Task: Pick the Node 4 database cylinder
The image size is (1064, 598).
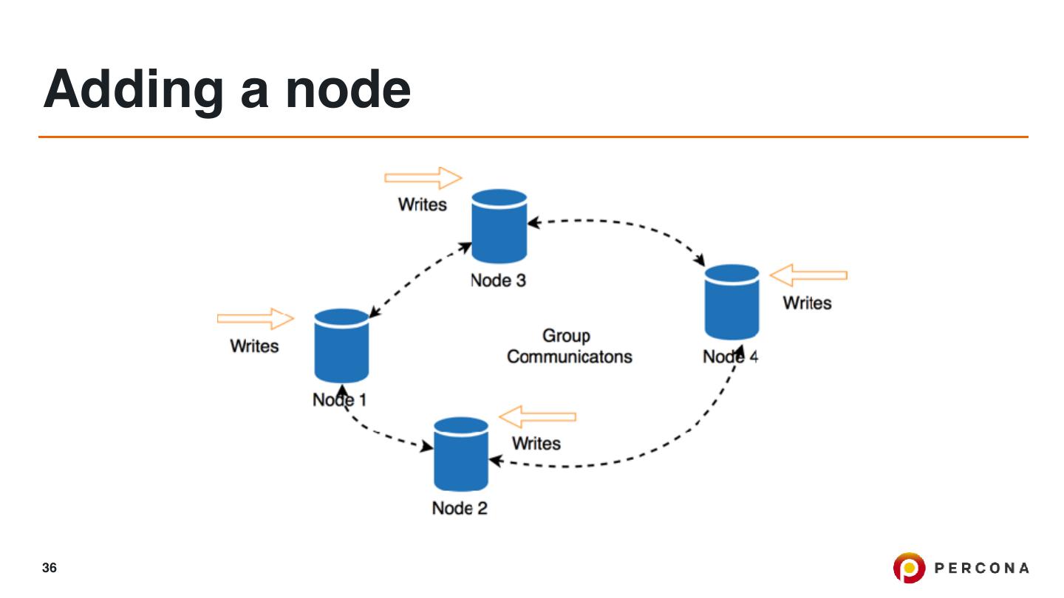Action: [731, 301]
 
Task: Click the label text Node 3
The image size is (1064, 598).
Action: [499, 281]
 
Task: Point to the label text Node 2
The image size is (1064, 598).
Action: [460, 508]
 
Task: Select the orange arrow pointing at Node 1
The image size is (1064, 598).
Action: [256, 318]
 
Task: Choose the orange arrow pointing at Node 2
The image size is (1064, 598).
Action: [537, 416]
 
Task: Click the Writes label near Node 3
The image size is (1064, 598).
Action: [423, 205]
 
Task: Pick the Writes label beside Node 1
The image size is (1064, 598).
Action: [254, 346]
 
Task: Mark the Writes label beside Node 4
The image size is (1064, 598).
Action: [807, 303]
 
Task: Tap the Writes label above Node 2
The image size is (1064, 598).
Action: [536, 443]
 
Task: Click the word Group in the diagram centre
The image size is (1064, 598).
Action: [567, 336]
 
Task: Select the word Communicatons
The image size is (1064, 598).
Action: [570, 357]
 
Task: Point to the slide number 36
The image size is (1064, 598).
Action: [50, 568]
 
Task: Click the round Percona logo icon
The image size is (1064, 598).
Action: [908, 568]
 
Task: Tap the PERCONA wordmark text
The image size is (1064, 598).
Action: [982, 568]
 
